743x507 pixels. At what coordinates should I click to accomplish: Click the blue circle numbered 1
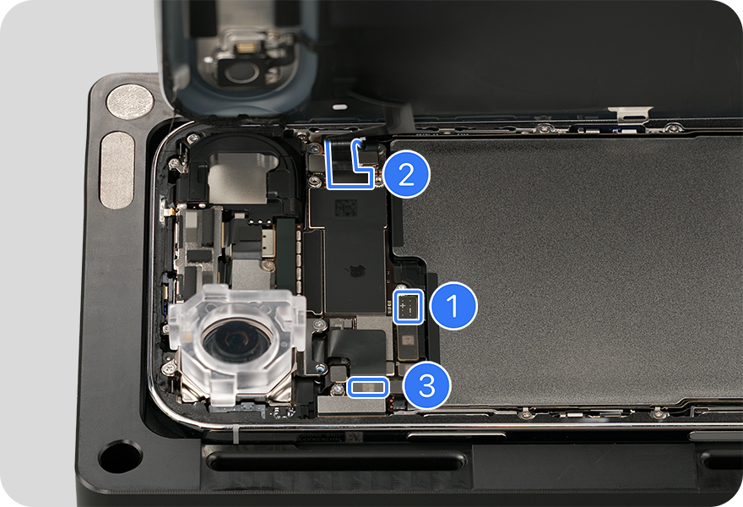pos(453,305)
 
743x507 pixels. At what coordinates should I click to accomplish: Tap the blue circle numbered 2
pos(406,175)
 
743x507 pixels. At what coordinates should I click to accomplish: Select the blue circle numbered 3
pos(426,385)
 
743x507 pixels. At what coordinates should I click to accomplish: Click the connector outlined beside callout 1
pos(409,308)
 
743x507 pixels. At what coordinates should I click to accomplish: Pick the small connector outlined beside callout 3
pos(368,388)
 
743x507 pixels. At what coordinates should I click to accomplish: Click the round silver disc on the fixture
pos(130,101)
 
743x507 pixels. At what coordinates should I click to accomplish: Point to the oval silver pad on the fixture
pos(117,170)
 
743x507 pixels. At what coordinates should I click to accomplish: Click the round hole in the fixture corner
pos(120,455)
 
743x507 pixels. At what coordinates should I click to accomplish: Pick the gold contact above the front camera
pos(247,47)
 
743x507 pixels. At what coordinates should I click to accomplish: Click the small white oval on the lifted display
pos(339,107)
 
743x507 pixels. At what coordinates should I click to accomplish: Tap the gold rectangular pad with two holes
pos(268,243)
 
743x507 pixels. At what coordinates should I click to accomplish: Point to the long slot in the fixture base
pos(336,461)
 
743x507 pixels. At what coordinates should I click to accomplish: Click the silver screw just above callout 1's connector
pos(401,287)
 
